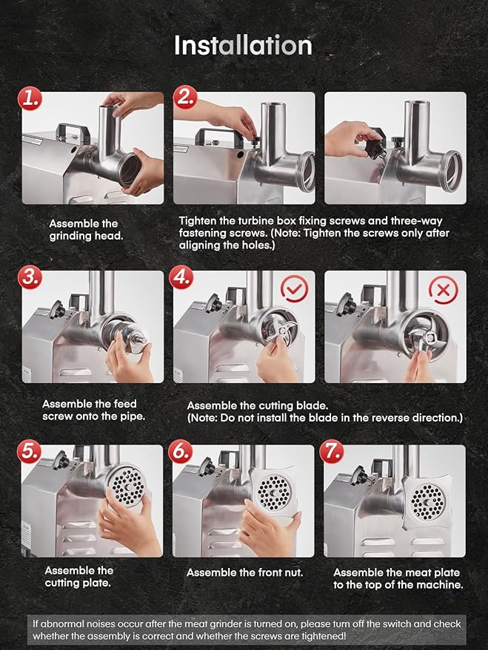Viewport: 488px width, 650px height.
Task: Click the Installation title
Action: (243, 45)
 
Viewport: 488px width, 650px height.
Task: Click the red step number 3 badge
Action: (30, 277)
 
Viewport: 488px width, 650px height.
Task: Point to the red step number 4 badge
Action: (181, 277)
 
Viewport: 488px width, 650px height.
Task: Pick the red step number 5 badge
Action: (29, 451)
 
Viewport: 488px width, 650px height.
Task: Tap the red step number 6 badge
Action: (181, 451)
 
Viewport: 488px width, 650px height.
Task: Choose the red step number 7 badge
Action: (332, 451)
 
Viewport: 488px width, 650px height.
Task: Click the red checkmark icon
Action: (295, 288)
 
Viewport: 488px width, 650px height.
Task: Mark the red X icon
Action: (444, 290)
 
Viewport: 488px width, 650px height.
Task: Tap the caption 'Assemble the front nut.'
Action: (245, 572)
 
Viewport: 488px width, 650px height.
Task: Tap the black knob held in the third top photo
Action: (378, 149)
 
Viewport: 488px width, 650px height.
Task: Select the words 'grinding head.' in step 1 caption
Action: (87, 237)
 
